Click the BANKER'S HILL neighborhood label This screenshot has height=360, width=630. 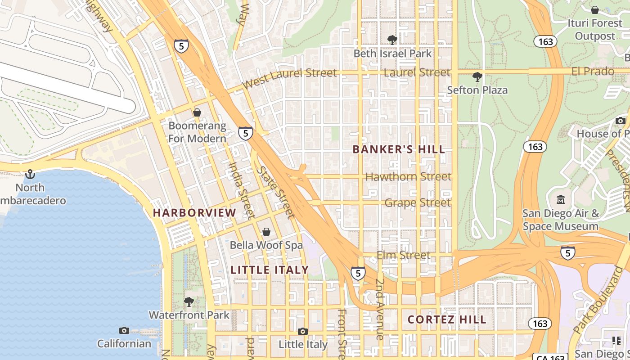[x=399, y=149]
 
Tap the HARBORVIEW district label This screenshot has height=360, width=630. [x=194, y=213]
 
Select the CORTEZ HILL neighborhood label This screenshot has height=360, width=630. [x=447, y=319]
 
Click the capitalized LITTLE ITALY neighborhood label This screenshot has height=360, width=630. [x=270, y=270]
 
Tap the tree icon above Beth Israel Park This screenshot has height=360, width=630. [x=392, y=40]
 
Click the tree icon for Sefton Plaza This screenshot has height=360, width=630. [x=477, y=76]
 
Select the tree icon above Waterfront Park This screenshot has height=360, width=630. [x=189, y=301]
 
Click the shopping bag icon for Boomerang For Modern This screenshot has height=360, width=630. [x=197, y=112]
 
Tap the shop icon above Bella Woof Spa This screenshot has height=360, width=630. [x=266, y=232]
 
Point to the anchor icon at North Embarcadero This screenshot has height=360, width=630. [x=30, y=174]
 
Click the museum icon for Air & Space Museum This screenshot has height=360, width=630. [x=561, y=199]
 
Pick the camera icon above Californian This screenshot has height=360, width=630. [x=124, y=331]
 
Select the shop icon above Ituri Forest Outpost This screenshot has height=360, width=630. [x=595, y=9]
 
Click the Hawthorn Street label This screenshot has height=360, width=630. [x=408, y=176]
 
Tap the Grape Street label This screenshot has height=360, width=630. [x=417, y=202]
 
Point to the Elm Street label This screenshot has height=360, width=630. [x=403, y=256]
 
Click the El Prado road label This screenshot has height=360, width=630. [x=593, y=71]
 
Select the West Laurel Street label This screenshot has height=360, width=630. [x=289, y=78]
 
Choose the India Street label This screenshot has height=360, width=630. [x=242, y=189]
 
